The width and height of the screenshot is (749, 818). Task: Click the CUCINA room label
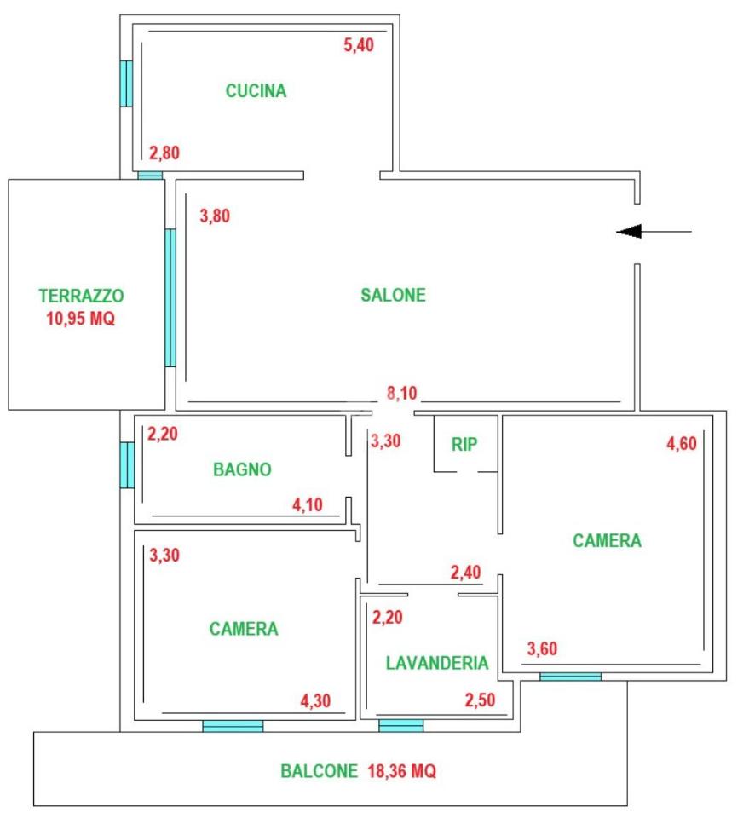point(256,91)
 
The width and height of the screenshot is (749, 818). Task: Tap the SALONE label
point(394,296)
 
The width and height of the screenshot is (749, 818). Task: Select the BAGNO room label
point(242,469)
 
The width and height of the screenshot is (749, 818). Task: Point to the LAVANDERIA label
point(437,663)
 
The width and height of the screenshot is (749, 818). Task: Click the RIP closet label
point(464,445)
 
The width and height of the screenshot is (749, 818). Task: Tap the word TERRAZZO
point(81,296)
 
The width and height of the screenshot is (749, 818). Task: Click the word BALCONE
point(320,771)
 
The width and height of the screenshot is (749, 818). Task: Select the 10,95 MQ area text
point(81,318)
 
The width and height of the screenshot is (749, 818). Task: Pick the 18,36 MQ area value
point(402,771)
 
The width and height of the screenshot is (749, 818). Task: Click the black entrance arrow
point(654,231)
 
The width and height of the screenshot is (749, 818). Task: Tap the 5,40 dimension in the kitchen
point(359,45)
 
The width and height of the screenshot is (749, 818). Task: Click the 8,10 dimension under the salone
point(402,393)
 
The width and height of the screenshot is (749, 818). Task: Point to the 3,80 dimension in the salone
point(215,216)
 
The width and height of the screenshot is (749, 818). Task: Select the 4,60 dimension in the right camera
point(682,443)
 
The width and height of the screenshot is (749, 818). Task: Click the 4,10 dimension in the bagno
point(308,504)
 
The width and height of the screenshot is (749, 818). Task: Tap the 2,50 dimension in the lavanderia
point(480,700)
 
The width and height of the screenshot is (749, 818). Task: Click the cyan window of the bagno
point(127,465)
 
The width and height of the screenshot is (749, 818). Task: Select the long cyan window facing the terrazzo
point(170,298)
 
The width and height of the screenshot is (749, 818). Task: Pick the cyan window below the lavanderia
point(401,726)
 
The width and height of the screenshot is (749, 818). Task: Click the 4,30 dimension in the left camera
point(315,700)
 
